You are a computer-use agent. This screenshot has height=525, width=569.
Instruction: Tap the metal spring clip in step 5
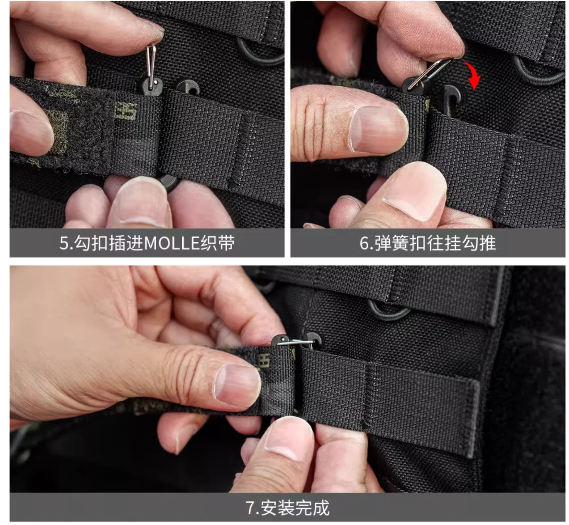click(151, 63)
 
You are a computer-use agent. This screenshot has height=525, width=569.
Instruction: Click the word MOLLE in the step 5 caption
click(172, 243)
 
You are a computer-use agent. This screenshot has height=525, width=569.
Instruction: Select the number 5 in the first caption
click(64, 243)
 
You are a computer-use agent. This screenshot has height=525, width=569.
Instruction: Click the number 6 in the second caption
click(364, 243)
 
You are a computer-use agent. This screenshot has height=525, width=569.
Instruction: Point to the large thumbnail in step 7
click(238, 384)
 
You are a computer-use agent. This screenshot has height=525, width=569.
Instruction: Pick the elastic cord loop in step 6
click(533, 71)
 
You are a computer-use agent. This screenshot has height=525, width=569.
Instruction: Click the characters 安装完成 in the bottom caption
click(294, 508)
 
